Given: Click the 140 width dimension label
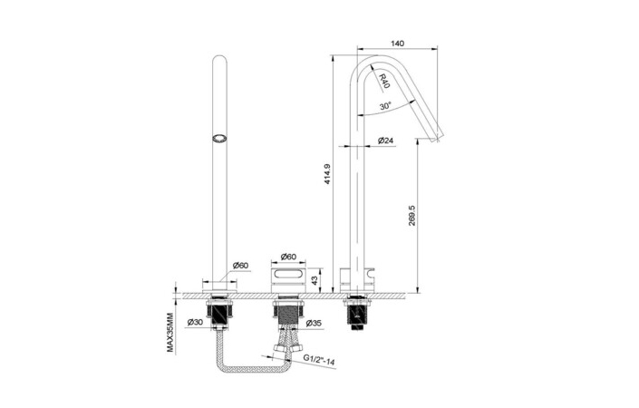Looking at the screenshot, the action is click(x=397, y=44).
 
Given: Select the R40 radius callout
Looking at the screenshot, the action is click(x=384, y=81).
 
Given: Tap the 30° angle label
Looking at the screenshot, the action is click(x=385, y=106).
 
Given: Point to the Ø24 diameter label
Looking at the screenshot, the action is click(x=385, y=141).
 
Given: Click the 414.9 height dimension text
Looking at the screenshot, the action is click(x=327, y=174).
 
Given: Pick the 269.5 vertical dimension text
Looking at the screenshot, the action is click(x=411, y=216).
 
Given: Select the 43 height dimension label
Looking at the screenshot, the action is click(x=315, y=280).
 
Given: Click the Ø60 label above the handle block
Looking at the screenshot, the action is click(x=288, y=257).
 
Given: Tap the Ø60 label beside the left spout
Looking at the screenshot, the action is click(x=240, y=266).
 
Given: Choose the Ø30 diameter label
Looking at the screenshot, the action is click(x=195, y=323).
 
